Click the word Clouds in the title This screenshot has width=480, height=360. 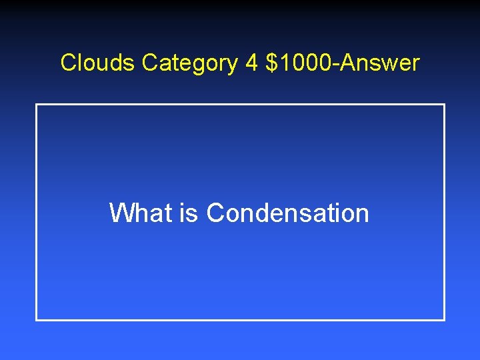click(x=99, y=63)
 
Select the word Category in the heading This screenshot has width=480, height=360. click(x=189, y=63)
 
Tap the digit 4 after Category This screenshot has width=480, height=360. click(x=251, y=63)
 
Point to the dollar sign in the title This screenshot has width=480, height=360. click(x=271, y=63)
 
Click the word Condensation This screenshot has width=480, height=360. click(x=287, y=213)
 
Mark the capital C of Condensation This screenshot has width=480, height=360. click(x=215, y=213)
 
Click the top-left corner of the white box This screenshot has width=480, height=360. click(x=36, y=105)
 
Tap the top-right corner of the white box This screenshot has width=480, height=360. click(x=444, y=105)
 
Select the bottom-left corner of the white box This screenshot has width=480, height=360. click(x=36, y=320)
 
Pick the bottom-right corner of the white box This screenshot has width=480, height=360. click(x=444, y=320)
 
